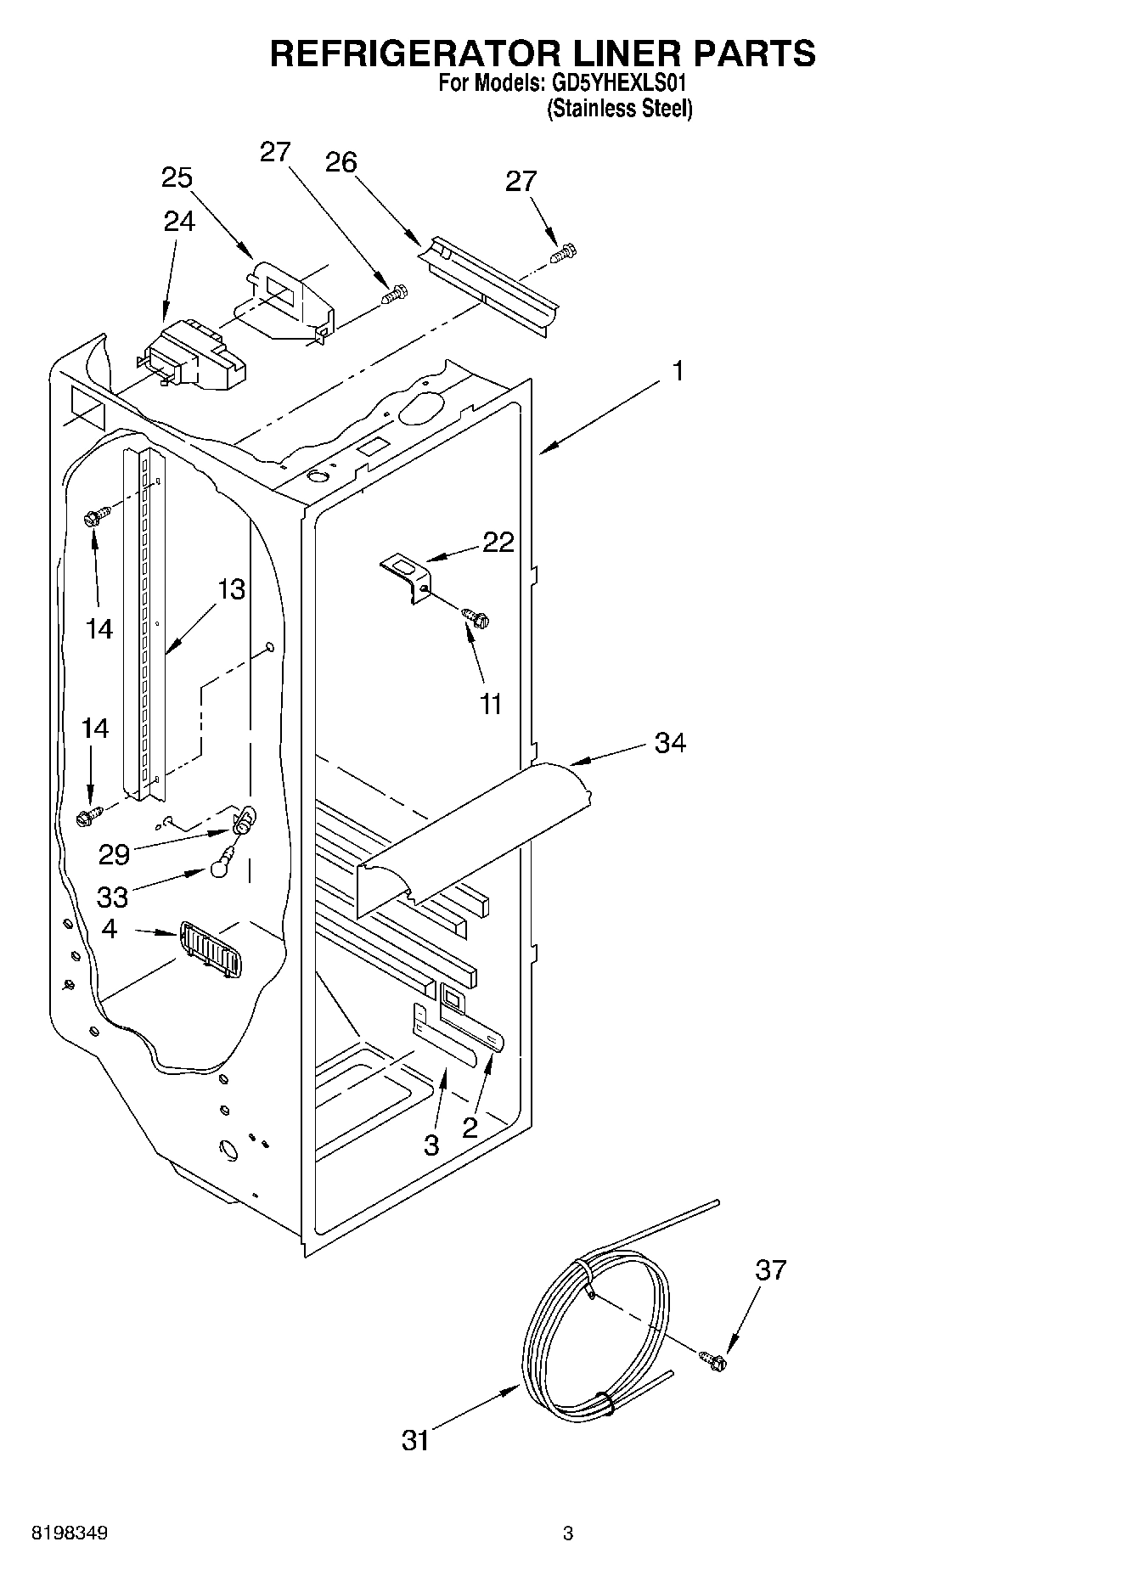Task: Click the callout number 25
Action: (x=177, y=178)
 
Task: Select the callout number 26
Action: (x=341, y=162)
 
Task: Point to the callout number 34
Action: (x=670, y=743)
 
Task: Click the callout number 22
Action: (x=498, y=543)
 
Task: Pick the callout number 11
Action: (x=491, y=704)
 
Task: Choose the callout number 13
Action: (x=230, y=588)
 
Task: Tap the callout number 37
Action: (x=771, y=1270)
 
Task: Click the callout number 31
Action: (x=415, y=1441)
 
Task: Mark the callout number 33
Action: (x=112, y=897)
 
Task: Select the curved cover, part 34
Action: (x=476, y=836)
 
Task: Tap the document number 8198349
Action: (x=69, y=1533)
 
